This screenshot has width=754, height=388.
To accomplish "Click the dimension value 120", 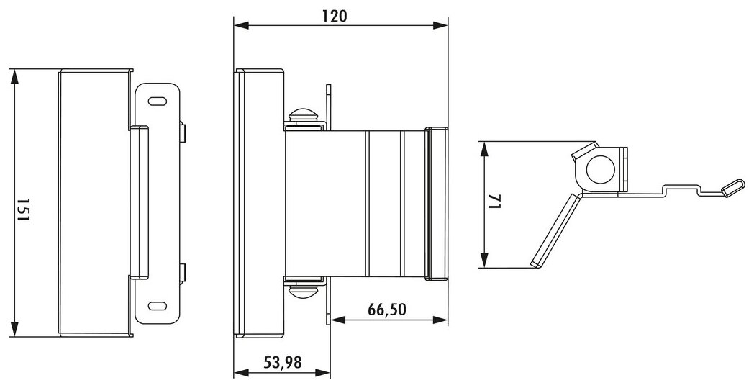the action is (x=335, y=16).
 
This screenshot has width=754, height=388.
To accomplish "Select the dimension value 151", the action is (x=23, y=209).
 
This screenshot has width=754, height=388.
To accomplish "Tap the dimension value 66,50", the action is (x=387, y=310).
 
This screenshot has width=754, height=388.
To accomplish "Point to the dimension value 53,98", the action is (x=282, y=362).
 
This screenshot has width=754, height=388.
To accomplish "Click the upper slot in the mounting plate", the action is (x=158, y=101).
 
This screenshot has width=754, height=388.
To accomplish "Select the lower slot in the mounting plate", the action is (x=158, y=306).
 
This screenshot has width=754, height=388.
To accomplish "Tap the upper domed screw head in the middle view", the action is (x=302, y=116).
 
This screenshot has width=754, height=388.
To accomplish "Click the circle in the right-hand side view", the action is (x=601, y=169).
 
